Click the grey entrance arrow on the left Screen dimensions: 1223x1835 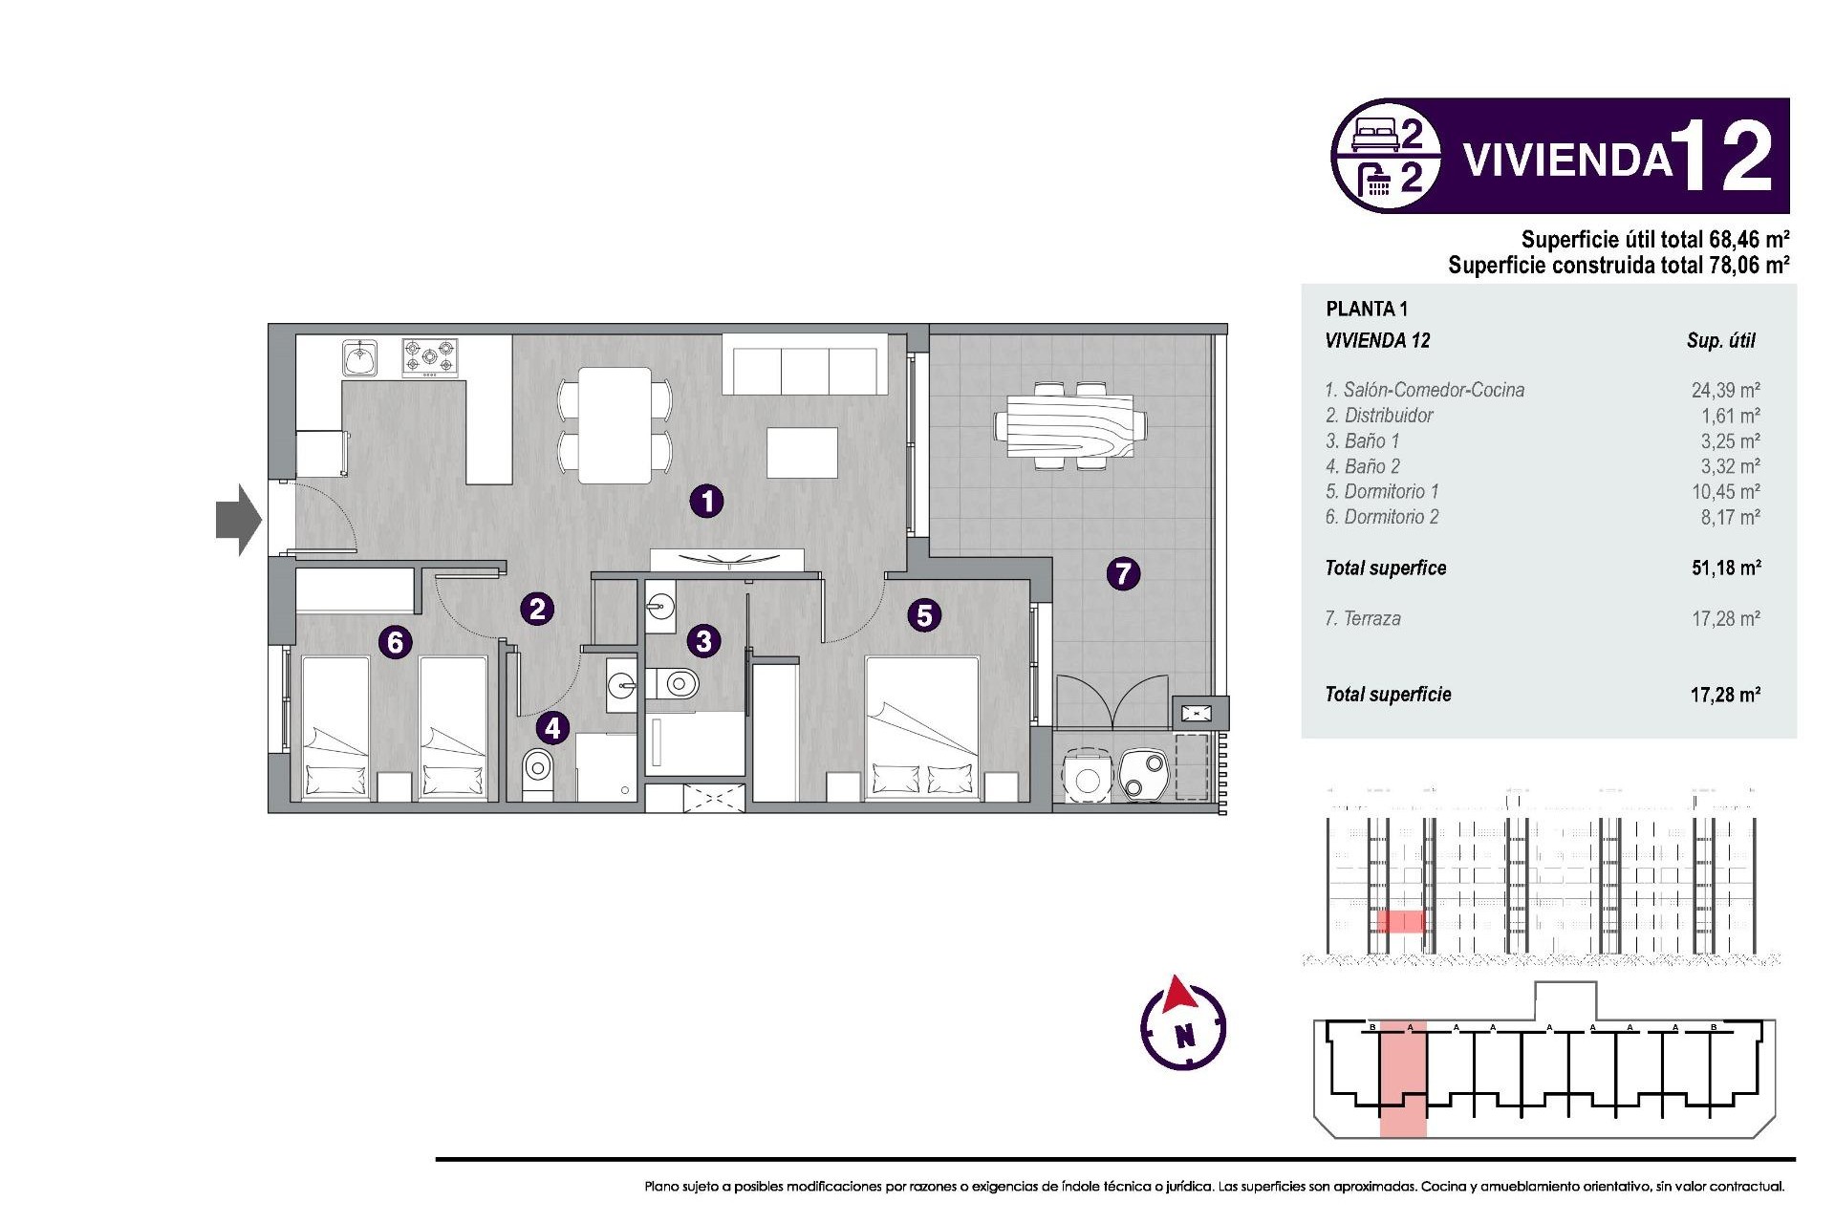pyautogui.click(x=237, y=520)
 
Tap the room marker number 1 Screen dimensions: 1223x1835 pyautogui.click(x=706, y=501)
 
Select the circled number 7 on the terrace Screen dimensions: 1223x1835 pyautogui.click(x=1123, y=573)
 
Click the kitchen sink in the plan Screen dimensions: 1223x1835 pyautogui.click(x=360, y=358)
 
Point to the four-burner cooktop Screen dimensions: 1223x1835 pyautogui.click(x=429, y=357)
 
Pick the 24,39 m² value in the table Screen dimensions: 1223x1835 pyautogui.click(x=1725, y=390)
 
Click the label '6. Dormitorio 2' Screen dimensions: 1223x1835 pyautogui.click(x=1381, y=517)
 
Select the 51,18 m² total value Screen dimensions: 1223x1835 pyautogui.click(x=1725, y=568)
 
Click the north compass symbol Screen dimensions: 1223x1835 pyautogui.click(x=1183, y=1027)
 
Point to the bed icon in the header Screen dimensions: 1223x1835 pyautogui.click(x=1375, y=135)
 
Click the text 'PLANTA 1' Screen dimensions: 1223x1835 pyautogui.click(x=1366, y=309)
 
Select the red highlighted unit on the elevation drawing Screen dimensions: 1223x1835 pyautogui.click(x=1400, y=921)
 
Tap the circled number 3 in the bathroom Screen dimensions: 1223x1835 pyautogui.click(x=703, y=640)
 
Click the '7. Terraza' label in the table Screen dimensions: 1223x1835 pyautogui.click(x=1363, y=618)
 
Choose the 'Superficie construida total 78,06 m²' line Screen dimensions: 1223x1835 pyautogui.click(x=1617, y=265)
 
